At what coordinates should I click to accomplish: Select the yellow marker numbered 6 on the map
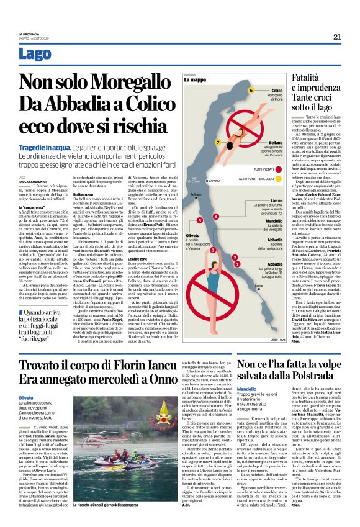tap(251, 91)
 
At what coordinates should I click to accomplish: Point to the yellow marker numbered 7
tap(218, 142)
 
